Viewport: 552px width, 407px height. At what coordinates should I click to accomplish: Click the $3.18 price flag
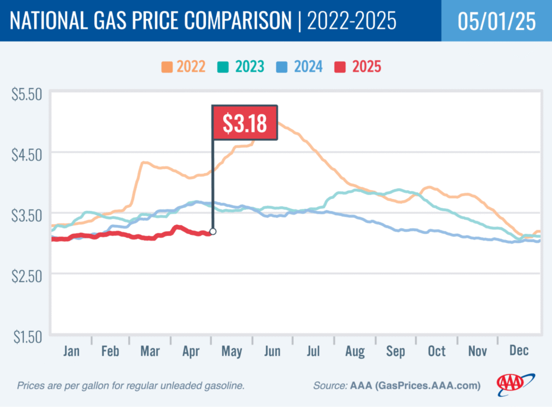(x=245, y=123)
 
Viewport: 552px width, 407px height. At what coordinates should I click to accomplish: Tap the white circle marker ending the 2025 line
(x=213, y=231)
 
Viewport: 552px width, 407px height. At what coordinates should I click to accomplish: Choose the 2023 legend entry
(x=242, y=67)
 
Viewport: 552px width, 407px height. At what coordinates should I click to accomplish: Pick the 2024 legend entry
(x=300, y=67)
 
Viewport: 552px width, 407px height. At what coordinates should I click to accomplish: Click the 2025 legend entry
(x=358, y=67)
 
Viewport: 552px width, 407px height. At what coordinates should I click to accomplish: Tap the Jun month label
(x=272, y=351)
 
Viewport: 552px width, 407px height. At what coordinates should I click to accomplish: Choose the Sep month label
(x=396, y=351)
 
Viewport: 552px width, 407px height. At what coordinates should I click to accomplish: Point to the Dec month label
(x=518, y=351)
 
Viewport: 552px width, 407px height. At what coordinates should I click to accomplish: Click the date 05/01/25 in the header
(x=496, y=21)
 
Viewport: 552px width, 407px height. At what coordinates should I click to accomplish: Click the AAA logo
(x=515, y=383)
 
